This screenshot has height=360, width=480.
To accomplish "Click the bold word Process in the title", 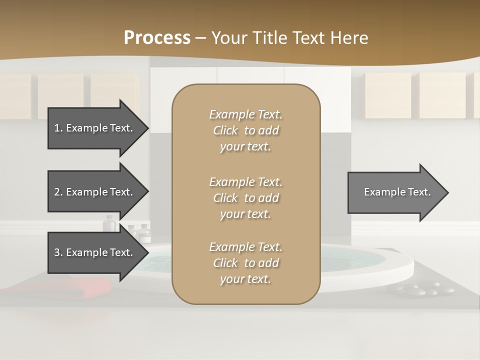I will click(157, 38).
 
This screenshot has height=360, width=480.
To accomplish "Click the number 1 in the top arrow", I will click(57, 128).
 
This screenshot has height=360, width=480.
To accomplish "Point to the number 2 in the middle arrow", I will click(57, 192).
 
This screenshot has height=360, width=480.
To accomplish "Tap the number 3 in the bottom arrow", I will click(57, 252).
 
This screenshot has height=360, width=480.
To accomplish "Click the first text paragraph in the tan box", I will click(245, 130).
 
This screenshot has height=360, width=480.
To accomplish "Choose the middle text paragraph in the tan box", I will click(245, 198).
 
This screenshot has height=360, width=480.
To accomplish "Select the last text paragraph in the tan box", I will click(245, 263).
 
